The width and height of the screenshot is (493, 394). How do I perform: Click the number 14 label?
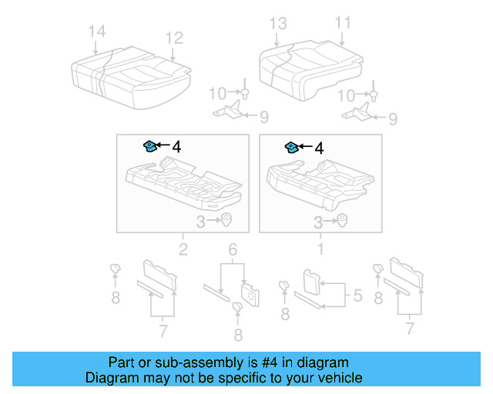[96, 32]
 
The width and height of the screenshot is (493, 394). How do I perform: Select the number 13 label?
[277, 22]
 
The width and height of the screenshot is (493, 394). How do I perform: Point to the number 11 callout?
[342, 22]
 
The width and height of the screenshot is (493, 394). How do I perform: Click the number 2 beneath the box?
[183, 249]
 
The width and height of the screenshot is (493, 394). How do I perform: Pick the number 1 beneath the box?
[321, 249]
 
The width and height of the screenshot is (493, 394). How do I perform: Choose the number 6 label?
[231, 249]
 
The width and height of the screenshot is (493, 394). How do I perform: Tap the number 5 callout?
[357, 295]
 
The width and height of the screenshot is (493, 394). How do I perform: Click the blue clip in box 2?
[150, 145]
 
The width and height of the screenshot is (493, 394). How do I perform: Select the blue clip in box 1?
[293, 146]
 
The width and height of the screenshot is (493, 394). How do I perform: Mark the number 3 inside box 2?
[200, 222]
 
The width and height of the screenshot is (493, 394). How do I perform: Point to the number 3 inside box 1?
[317, 222]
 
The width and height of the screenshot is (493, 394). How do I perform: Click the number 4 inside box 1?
[319, 146]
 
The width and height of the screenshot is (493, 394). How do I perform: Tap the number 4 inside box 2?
[176, 146]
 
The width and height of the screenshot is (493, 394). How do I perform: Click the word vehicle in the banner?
[337, 378]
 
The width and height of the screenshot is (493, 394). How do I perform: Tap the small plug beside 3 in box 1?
[340, 222]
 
